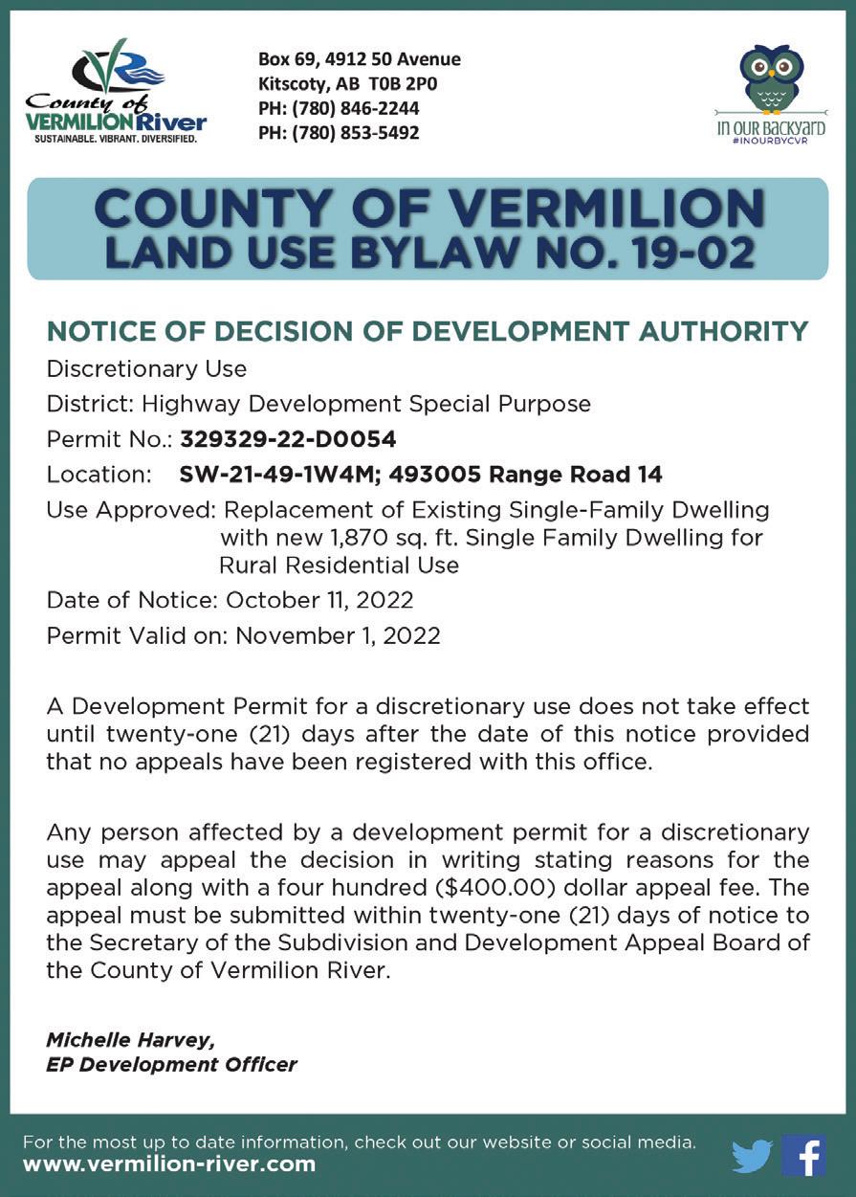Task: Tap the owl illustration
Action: (771, 78)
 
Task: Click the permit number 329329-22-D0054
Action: (288, 439)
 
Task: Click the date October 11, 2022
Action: (319, 600)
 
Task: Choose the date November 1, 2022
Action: (338, 635)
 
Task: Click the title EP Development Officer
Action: (171, 1064)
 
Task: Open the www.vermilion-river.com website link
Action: (168, 1164)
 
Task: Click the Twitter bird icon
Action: (752, 1156)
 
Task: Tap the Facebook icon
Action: (803, 1155)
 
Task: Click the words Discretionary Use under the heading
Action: (146, 368)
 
